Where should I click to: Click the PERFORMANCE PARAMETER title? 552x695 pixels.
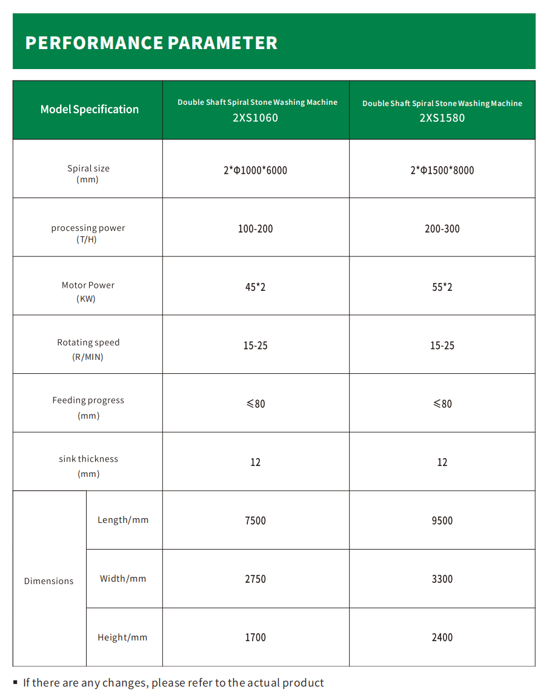click(x=151, y=43)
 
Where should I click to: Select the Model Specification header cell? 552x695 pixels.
click(x=89, y=110)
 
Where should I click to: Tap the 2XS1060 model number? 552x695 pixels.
click(x=255, y=118)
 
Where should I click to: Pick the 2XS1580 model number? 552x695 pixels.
click(x=442, y=118)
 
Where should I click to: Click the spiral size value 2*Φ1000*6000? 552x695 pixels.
click(x=255, y=170)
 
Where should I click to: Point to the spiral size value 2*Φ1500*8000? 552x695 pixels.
click(x=442, y=170)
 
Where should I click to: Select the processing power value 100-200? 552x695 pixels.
click(x=255, y=229)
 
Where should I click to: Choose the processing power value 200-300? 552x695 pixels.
click(x=442, y=229)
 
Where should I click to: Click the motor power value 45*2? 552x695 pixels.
click(x=255, y=287)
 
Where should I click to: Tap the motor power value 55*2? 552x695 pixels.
click(x=442, y=287)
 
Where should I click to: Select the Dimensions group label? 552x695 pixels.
click(x=48, y=581)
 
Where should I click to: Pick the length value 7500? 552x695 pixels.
click(x=255, y=520)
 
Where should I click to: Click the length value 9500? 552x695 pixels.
click(x=442, y=520)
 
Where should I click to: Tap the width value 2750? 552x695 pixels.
click(x=255, y=579)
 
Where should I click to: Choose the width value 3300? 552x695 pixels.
click(x=442, y=579)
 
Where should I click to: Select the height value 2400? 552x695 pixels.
click(x=442, y=637)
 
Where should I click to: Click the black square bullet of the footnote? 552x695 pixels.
click(x=15, y=682)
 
